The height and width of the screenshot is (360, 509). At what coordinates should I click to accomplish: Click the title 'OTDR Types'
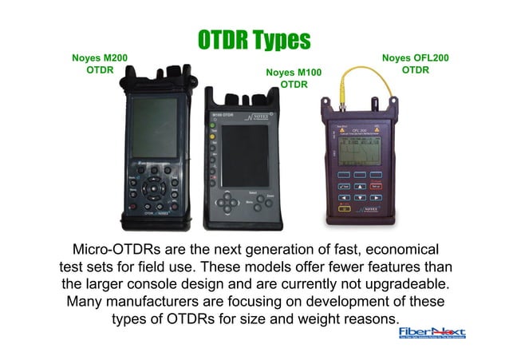pyautogui.click(x=254, y=39)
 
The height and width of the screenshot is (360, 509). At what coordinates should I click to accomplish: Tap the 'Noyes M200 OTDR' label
pyautogui.click(x=100, y=64)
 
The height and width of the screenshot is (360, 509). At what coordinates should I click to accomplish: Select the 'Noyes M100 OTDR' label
pyautogui.click(x=294, y=78)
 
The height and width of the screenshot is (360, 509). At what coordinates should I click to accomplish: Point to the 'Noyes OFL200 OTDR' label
pyautogui.click(x=415, y=63)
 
